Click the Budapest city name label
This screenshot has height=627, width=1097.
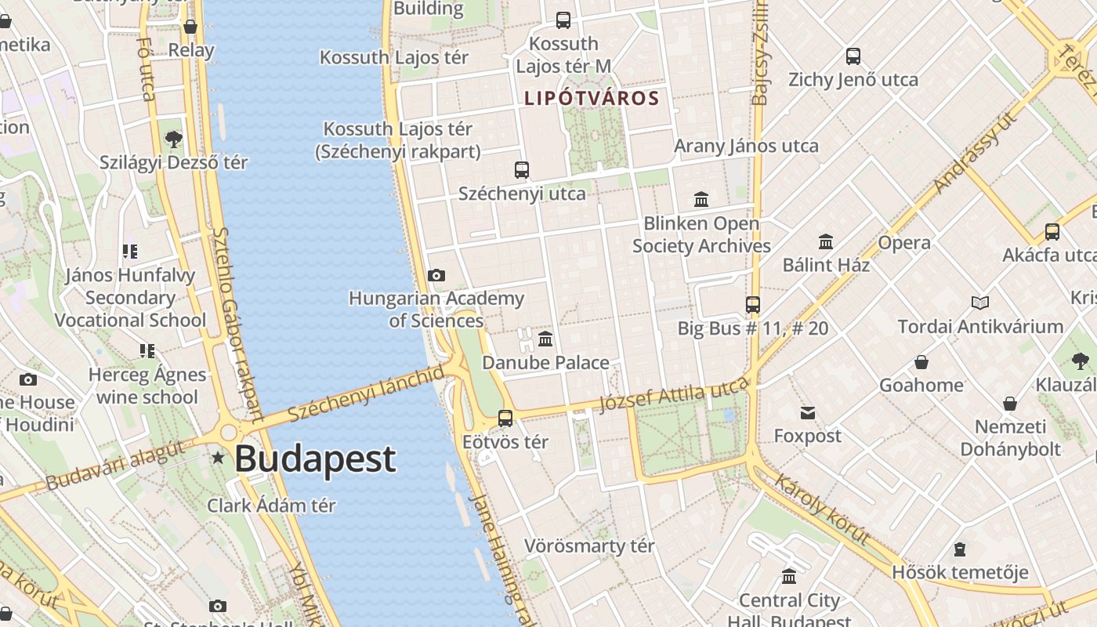point(315,459)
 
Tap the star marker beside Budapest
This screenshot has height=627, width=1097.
point(217,457)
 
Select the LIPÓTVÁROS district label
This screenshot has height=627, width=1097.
point(592,99)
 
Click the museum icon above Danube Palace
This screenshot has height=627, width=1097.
point(545,339)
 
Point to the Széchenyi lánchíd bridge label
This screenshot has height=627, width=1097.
point(364,393)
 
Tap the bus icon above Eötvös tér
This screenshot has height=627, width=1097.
point(505,419)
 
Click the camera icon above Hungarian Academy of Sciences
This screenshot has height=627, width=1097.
point(436,275)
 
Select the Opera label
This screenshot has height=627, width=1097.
point(904,243)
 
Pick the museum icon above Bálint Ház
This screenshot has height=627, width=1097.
point(826,241)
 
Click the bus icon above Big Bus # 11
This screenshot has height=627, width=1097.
point(753,305)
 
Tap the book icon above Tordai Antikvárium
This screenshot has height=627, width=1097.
point(979,303)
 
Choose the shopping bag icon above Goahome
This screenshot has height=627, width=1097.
point(921,362)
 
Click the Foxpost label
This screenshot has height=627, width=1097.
point(807,436)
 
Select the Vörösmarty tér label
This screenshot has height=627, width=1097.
point(589,546)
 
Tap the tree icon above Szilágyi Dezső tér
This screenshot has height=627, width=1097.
point(173,140)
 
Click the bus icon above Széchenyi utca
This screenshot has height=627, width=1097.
point(522,169)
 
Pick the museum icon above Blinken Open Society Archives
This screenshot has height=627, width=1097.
point(701,200)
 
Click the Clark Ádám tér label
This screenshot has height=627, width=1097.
point(271,506)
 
